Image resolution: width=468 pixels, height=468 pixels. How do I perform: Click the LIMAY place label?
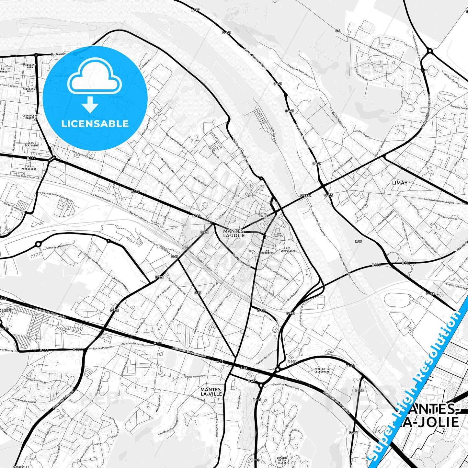click(400, 183)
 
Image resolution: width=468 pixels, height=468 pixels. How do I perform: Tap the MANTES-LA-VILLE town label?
click(211, 392)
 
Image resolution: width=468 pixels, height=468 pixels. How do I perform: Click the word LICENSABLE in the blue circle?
click(95, 123)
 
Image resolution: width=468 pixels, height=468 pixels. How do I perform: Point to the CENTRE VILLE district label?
click(262, 215)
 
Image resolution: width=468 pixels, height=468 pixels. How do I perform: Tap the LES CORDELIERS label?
click(288, 249)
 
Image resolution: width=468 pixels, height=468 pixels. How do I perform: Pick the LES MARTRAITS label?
click(269, 251)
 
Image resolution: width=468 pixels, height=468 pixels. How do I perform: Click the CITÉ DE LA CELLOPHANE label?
click(322, 371)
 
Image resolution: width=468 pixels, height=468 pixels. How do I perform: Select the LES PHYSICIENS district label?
click(29, 167)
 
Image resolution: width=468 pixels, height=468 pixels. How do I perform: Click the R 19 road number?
click(358, 241)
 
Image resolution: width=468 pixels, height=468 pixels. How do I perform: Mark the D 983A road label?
click(305, 196)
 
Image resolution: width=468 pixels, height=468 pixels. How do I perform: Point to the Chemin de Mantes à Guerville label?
click(289, 387)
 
